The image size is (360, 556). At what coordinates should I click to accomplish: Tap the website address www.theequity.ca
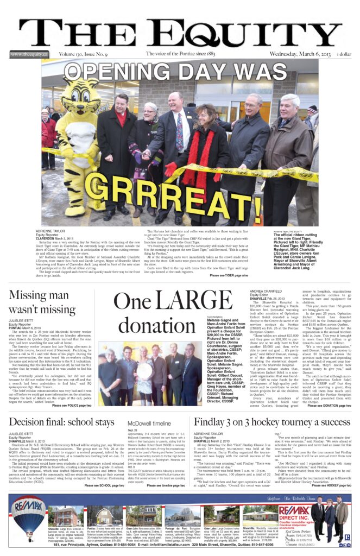click(29, 54)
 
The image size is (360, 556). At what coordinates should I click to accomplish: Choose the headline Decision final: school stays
click(61, 422)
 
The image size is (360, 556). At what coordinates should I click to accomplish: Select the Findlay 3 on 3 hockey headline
click(272, 422)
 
